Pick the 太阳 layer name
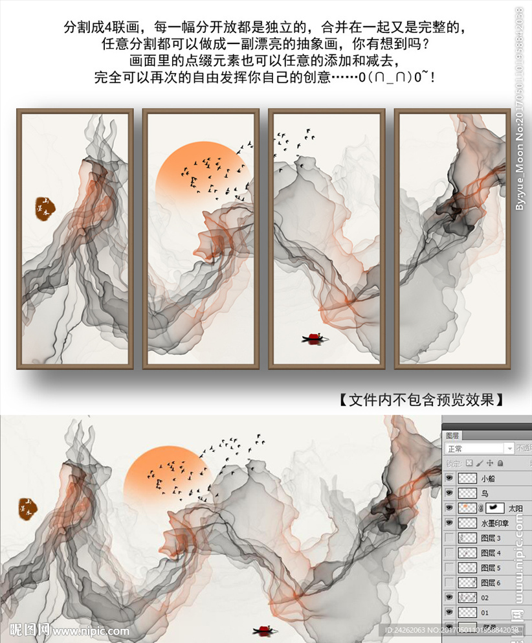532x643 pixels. click(515, 509)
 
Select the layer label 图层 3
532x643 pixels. click(491, 538)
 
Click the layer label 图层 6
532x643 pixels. click(491, 583)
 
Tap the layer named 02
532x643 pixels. click(485, 598)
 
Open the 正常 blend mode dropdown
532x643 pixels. click(480, 449)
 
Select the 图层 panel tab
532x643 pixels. click(452, 436)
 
